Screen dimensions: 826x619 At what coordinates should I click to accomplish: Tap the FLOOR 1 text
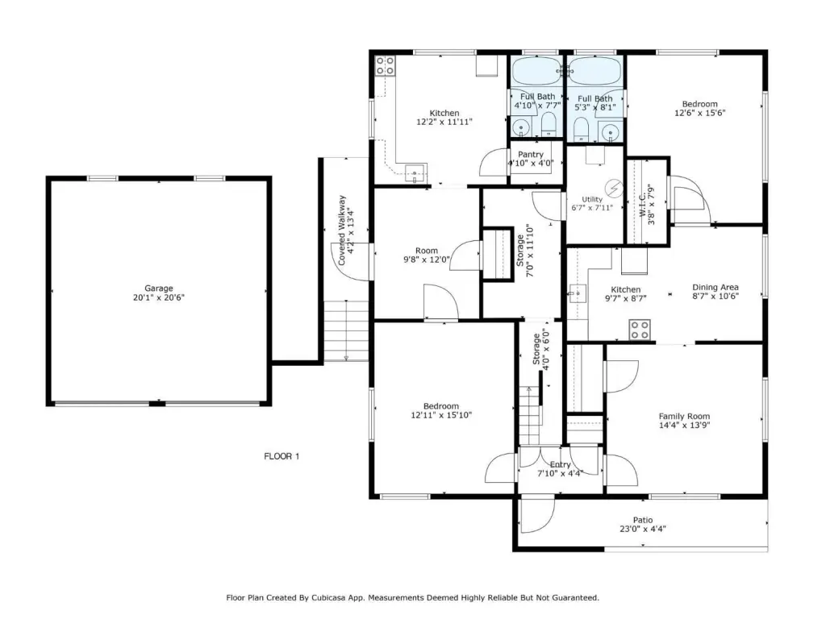282,456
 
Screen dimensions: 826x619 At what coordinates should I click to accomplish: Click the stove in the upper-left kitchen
385,66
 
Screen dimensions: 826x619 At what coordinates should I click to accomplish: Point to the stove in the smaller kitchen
640,330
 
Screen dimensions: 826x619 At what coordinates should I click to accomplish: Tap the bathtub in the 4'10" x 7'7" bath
536,72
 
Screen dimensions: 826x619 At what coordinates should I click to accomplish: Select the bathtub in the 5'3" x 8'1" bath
595,72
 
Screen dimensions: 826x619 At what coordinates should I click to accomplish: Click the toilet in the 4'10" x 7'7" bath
549,123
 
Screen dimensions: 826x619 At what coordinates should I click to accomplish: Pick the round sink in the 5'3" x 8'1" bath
611,131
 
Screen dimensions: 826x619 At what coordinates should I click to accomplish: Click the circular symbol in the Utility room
614,187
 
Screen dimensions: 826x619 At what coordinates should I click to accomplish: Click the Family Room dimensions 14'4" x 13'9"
684,426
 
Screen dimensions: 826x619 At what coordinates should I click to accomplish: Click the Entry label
560,465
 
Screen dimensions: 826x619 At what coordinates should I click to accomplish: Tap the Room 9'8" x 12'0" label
427,255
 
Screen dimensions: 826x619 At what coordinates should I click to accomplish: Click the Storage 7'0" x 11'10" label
524,251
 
